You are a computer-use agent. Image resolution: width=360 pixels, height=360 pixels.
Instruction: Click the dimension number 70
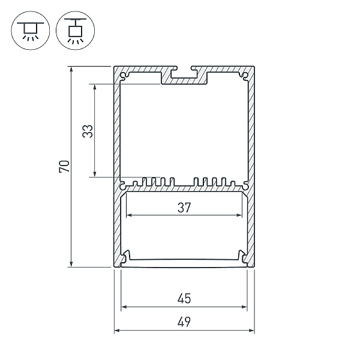click(64, 166)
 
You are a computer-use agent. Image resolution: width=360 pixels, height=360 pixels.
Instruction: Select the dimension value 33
click(88, 131)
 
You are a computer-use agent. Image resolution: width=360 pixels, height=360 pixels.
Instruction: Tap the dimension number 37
click(184, 208)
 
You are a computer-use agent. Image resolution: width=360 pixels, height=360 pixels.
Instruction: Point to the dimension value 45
click(184, 298)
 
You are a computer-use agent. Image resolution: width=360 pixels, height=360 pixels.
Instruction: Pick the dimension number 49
click(184, 322)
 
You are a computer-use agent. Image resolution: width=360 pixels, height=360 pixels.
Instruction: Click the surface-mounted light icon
click(31, 31)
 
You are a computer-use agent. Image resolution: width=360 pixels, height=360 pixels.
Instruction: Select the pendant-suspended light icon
click(76, 31)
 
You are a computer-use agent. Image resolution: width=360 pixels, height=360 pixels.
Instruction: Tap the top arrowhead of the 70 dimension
click(71, 69)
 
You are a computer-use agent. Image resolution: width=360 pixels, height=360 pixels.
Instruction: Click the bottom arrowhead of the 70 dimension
click(71, 264)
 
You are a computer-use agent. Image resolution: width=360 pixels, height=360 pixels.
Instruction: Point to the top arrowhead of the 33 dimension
click(95, 87)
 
